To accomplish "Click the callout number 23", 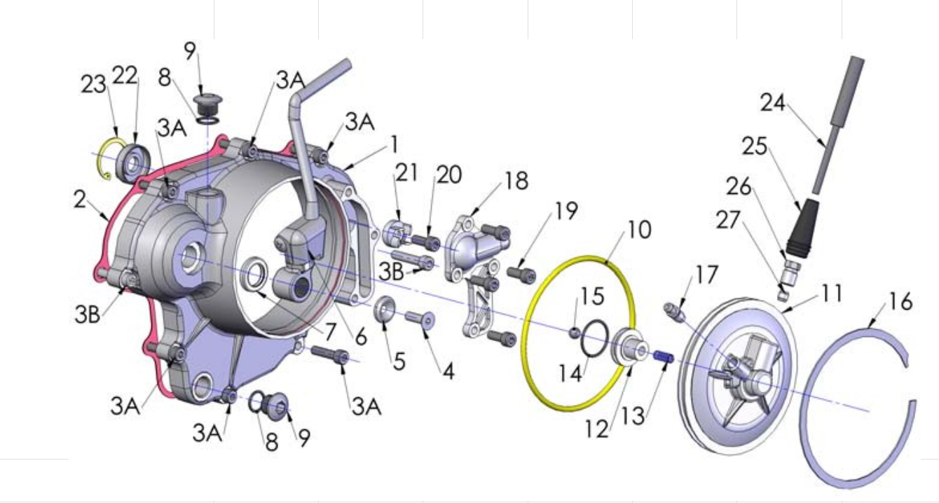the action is [x=93, y=85].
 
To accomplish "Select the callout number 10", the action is [x=639, y=230].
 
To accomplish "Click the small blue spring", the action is [x=664, y=357].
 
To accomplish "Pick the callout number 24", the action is [x=773, y=103].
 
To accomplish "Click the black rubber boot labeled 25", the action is [x=802, y=229].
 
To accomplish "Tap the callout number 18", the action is [x=516, y=181].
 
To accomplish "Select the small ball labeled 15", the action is [x=575, y=333].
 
